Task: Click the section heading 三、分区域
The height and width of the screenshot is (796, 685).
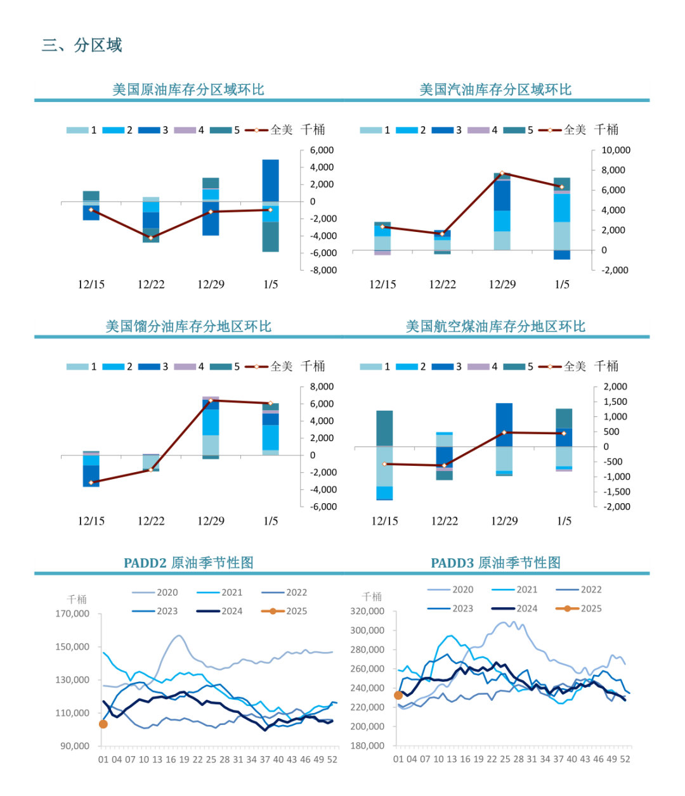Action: [82, 45]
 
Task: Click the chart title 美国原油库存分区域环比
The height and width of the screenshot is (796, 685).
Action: [188, 89]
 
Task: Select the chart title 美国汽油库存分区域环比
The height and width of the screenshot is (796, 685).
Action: [495, 89]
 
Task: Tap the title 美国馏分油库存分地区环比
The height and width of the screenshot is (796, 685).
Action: [188, 326]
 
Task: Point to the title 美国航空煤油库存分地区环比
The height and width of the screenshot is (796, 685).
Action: [495, 326]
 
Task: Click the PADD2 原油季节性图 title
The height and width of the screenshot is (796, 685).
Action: [188, 562]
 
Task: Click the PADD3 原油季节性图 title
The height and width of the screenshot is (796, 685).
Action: [495, 562]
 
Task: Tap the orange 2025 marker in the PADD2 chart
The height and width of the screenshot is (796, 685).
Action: [103, 724]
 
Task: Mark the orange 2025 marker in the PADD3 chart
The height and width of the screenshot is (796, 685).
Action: [398, 695]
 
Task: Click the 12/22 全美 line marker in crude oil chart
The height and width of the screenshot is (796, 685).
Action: [151, 238]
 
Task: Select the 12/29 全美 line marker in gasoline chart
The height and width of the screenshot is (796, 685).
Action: [502, 173]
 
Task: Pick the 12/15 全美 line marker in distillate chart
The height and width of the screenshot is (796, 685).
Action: [91, 483]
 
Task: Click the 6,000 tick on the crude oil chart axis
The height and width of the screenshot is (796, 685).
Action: [322, 150]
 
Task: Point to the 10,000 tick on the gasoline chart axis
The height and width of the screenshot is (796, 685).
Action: [615, 150]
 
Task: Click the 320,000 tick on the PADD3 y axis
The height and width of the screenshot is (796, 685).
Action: [367, 611]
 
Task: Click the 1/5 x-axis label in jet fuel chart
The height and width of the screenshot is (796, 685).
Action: [564, 521]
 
